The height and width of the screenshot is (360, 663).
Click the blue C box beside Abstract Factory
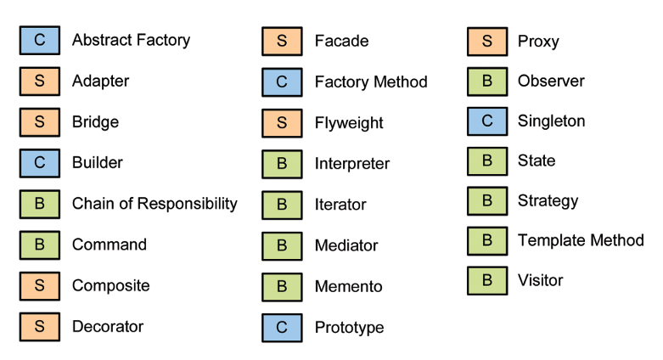point(39,41)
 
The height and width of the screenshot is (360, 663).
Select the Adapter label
point(100,82)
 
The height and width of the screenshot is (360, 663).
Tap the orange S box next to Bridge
point(39,122)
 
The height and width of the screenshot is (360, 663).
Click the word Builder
point(97,162)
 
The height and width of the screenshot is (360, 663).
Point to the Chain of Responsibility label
point(155,204)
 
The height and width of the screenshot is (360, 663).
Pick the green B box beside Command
point(39,245)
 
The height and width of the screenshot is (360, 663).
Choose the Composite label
point(110,285)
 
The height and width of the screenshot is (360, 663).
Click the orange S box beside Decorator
point(39,327)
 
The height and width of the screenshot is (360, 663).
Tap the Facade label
point(341,41)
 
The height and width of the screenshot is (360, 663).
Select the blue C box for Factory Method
point(282,82)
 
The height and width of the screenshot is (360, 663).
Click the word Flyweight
point(349,123)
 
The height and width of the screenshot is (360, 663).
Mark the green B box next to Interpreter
point(282,164)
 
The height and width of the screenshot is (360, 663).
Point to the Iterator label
point(340,205)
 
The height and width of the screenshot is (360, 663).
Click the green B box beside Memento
point(282,287)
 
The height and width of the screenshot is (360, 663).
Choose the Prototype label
point(349,328)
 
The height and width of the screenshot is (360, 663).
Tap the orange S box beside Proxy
point(487,41)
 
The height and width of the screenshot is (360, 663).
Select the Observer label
point(551,82)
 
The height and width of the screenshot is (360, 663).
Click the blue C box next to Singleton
point(487,121)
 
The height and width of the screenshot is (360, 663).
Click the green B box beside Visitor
point(487,281)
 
